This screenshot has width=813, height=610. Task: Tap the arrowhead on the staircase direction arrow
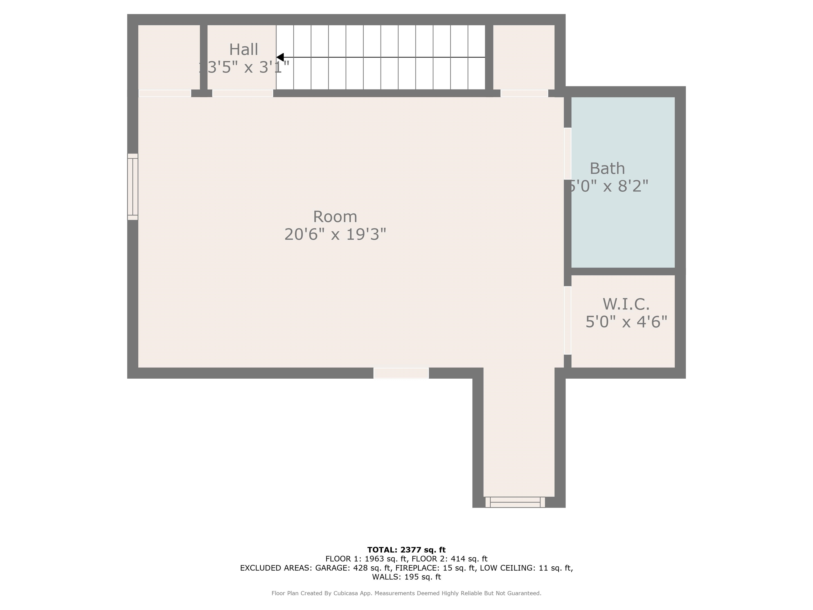[x=280, y=57]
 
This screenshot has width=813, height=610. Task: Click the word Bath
[x=607, y=168]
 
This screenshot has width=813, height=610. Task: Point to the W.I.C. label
[x=626, y=304]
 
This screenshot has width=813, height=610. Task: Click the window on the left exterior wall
[x=133, y=187]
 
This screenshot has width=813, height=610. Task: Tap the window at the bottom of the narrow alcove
[x=515, y=502]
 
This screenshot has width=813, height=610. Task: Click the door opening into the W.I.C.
[x=567, y=320]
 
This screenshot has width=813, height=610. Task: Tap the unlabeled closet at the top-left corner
[x=169, y=57]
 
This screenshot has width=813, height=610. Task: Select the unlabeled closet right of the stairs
[x=523, y=57]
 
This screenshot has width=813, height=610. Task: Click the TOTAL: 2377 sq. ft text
[x=406, y=550]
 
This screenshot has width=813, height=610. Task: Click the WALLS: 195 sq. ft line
[x=406, y=577]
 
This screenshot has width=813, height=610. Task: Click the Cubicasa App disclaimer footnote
[x=406, y=593]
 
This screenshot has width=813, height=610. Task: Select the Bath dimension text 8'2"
[x=633, y=186]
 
